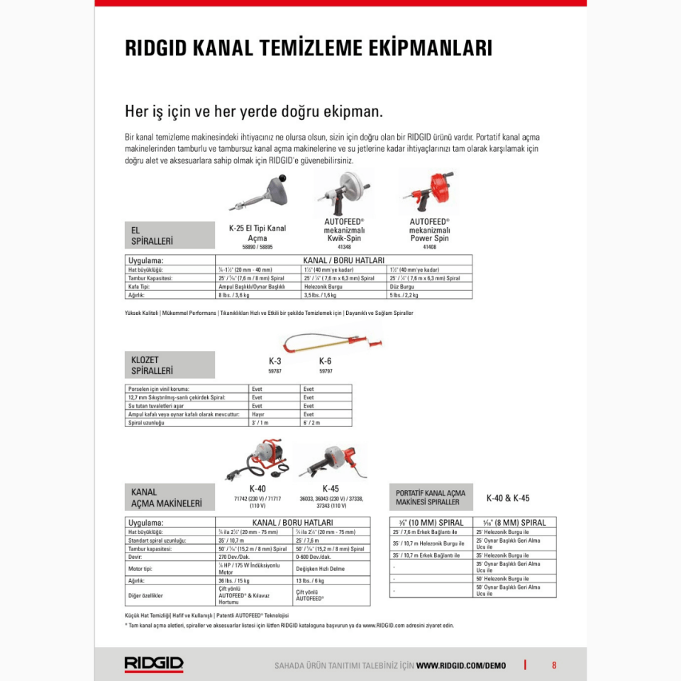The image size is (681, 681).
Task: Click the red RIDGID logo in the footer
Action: point(154,664)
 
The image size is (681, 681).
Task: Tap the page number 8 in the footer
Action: point(554,665)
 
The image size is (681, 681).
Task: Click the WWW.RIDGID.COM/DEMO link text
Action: point(461,665)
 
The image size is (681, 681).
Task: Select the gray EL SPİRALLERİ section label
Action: point(169,236)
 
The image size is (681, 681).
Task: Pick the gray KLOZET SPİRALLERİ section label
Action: point(169,365)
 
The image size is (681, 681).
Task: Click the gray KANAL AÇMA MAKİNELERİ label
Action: point(169,497)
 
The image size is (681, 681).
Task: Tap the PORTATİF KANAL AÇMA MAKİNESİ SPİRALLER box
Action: point(431,497)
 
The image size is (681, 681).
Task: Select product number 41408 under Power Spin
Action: point(429,248)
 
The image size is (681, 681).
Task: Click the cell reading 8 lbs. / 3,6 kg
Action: point(233,295)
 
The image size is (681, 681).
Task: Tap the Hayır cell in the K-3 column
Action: point(258,414)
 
